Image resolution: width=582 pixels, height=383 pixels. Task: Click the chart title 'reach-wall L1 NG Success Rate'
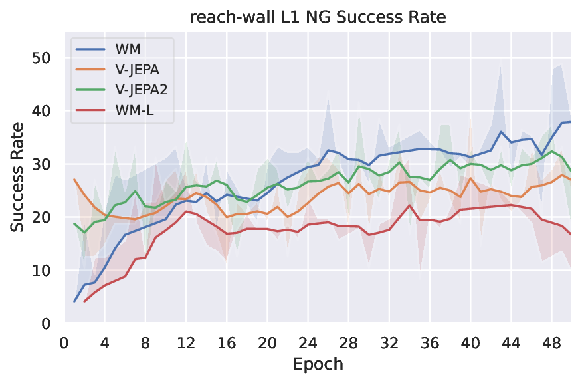(x=318, y=18)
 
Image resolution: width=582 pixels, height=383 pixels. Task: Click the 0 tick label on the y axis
(x=47, y=324)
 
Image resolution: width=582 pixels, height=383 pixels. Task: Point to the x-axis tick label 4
(x=104, y=344)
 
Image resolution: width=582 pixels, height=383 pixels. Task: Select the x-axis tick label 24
(x=308, y=344)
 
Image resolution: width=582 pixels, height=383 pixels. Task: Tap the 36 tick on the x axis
(x=429, y=344)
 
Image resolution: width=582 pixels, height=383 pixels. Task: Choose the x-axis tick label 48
(x=551, y=344)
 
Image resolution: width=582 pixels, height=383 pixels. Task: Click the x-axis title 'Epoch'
(x=318, y=364)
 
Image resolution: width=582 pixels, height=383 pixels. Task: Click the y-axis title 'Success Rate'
(x=18, y=178)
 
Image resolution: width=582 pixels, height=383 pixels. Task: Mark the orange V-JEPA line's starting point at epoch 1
(x=74, y=180)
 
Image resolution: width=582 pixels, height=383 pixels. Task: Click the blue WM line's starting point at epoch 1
(x=74, y=301)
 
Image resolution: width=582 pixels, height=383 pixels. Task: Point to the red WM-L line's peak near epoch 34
(x=410, y=205)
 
